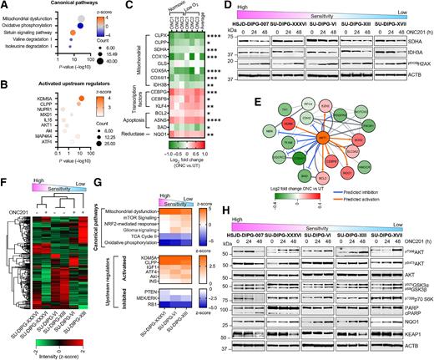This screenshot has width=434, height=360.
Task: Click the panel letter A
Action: coord(5,6)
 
